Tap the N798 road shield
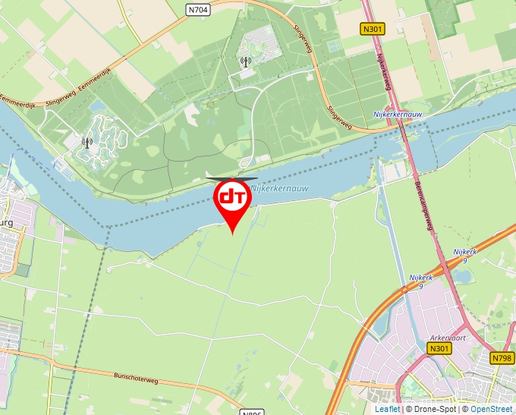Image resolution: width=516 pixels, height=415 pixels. click(x=502, y=358)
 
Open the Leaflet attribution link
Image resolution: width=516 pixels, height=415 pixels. click(x=387, y=409)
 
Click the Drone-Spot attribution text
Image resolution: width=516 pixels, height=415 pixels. click(x=431, y=409)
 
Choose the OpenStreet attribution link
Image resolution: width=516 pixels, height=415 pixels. click(x=491, y=409)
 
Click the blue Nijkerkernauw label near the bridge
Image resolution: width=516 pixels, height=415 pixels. click(x=398, y=114)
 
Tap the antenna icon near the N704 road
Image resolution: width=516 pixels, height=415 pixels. click(x=245, y=61)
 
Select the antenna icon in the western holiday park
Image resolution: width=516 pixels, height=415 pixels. click(x=87, y=141)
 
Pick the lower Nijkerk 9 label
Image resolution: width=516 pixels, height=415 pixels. click(x=420, y=281)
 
